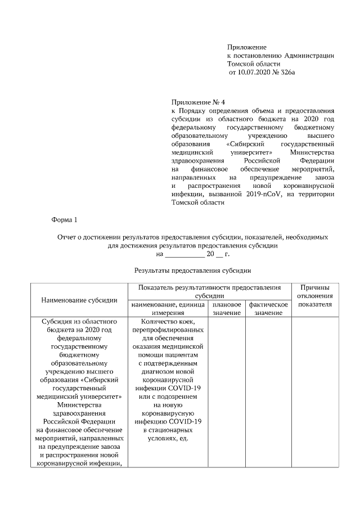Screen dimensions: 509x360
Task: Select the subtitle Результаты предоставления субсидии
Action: (192, 271)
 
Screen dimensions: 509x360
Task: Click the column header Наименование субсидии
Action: (79, 300)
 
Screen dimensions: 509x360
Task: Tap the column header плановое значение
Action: (227, 308)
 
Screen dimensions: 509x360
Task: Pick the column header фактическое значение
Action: (268, 308)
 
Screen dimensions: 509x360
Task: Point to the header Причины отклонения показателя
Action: (314, 296)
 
